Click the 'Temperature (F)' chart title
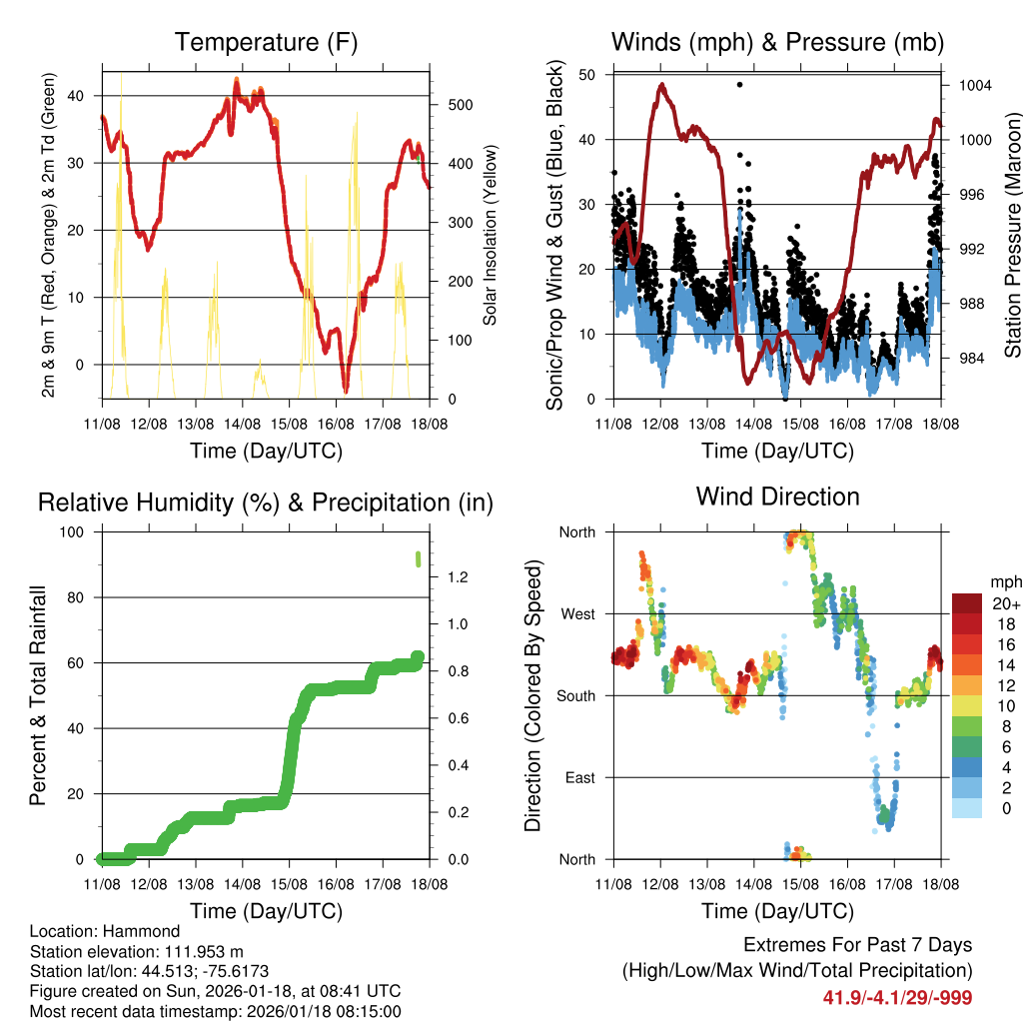[x=266, y=42]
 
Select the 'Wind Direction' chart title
[x=777, y=497]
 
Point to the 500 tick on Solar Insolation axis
[x=453, y=105]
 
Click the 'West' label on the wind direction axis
[x=576, y=614]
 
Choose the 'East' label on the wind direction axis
[x=578, y=777]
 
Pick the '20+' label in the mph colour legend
[x=1006, y=603]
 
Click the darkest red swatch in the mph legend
[x=968, y=603]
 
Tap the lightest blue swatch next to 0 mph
[x=968, y=807]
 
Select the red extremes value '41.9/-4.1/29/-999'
[x=897, y=997]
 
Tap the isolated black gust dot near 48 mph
[x=739, y=85]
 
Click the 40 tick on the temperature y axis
[x=84, y=96]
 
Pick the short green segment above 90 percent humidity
[x=419, y=557]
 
